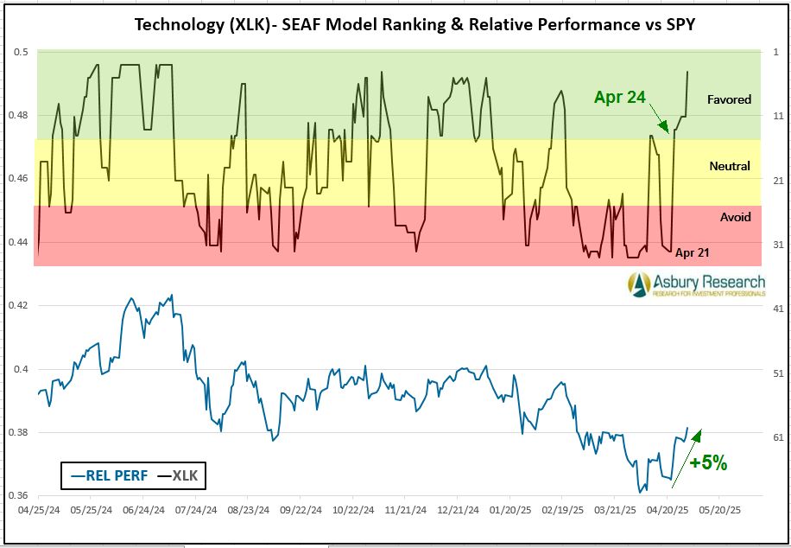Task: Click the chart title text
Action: click(414, 23)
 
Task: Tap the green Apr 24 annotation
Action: click(619, 97)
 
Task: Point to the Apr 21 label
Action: click(693, 252)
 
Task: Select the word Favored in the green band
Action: click(729, 99)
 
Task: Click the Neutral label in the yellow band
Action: click(729, 166)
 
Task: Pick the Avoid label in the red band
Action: click(735, 217)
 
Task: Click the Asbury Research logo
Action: click(696, 284)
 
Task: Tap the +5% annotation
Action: click(708, 462)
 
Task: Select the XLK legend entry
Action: click(180, 475)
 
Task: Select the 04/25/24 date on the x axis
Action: click(39, 510)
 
